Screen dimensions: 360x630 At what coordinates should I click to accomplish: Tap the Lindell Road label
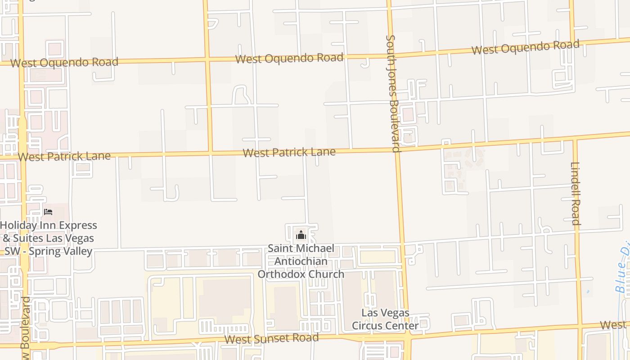coord(576,193)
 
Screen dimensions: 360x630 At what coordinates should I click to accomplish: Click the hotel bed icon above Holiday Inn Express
coord(48,211)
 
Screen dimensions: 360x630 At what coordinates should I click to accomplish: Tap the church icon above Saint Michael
coord(301,235)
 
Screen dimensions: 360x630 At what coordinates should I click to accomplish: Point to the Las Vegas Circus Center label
coord(385,319)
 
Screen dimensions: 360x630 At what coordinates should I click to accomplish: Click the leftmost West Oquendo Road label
coord(64,62)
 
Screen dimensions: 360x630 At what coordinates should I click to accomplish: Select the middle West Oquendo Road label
coord(289,58)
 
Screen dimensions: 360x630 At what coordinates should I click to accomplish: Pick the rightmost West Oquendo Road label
coord(525,47)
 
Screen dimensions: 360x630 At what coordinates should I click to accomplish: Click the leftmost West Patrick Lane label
coord(64,157)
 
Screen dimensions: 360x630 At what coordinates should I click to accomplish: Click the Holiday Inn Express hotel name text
coord(48,238)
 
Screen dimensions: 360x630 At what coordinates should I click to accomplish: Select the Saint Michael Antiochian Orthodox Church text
coord(301,261)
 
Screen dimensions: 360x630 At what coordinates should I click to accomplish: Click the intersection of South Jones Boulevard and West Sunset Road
coord(407,334)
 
